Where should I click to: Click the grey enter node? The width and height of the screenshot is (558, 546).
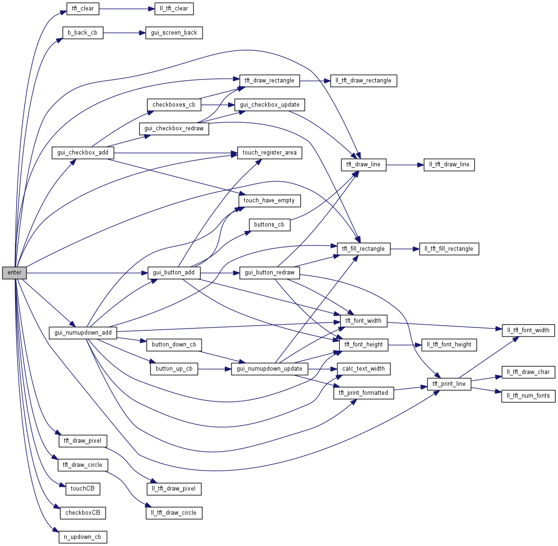[x=14, y=273]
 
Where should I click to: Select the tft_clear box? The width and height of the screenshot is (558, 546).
[x=83, y=9]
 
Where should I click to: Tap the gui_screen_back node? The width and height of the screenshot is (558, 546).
[x=174, y=33]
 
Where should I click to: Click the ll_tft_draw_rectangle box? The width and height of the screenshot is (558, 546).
[x=363, y=81]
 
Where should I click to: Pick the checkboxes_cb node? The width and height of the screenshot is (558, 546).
[x=174, y=105]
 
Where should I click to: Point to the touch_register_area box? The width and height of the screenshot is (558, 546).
[x=269, y=153]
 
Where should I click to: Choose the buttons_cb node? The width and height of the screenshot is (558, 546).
[x=269, y=225]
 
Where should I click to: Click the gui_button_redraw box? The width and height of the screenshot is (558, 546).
[x=269, y=273]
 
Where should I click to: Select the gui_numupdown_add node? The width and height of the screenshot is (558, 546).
[x=83, y=333]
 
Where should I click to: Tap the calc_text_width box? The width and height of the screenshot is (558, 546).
[x=363, y=369]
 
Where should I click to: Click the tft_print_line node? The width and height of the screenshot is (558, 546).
[x=449, y=384]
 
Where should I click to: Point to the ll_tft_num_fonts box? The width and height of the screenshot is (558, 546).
[x=528, y=396]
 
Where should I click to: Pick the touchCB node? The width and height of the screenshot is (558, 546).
[x=82, y=489]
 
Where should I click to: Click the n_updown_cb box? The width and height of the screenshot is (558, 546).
[x=83, y=537]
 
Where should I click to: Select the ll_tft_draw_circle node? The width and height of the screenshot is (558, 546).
[x=174, y=513]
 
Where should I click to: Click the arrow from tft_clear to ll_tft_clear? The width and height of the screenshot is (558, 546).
[x=127, y=9]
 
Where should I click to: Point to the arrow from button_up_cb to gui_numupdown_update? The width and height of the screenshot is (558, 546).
[x=214, y=369]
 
